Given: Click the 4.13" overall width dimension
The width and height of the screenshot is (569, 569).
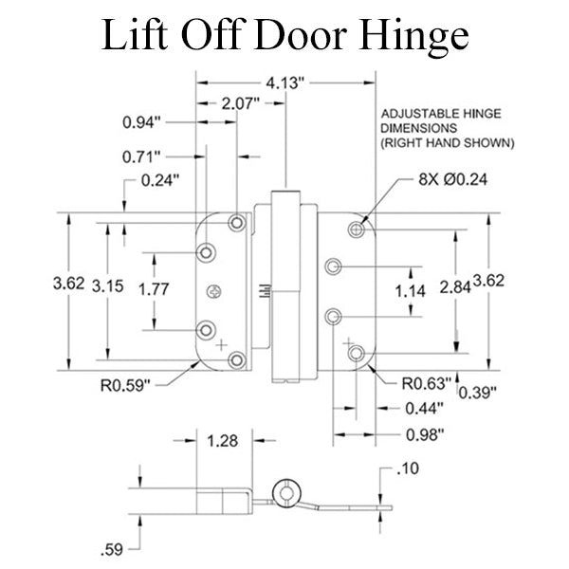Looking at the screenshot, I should point(284,83).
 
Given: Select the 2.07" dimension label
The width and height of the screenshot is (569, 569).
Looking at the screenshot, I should point(241,102).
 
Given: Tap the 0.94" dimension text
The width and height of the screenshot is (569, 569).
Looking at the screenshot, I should point(142,122).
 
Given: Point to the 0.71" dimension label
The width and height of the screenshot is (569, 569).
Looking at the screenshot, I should point(142,156).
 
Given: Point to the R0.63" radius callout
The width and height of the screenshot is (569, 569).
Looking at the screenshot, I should point(425,383).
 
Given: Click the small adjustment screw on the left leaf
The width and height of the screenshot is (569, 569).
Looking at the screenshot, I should point(218,290).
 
